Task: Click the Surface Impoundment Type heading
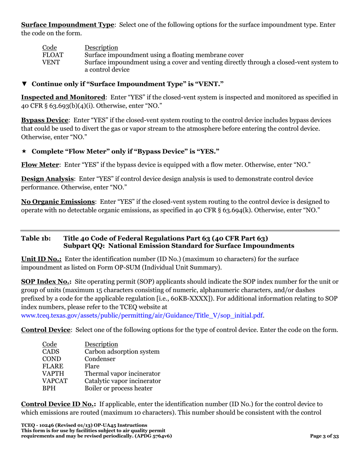(67, 25)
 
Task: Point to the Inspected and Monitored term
(63, 97)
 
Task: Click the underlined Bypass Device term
(45, 120)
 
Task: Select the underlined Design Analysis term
(47, 179)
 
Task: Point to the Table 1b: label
(36, 238)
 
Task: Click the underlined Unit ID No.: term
(41, 259)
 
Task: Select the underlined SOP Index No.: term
(46, 282)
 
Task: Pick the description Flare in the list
(92, 366)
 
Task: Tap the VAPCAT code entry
(55, 381)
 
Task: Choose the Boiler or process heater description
(119, 388)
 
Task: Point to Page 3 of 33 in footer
(324, 436)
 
